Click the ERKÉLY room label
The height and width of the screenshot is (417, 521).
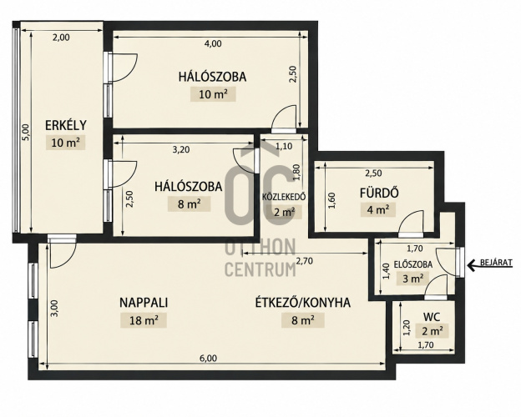click(66, 125)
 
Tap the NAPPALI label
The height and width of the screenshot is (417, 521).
click(144, 303)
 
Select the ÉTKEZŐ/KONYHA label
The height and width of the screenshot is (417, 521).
click(303, 303)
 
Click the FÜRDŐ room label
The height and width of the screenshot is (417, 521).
click(379, 193)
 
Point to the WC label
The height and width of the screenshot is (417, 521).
click(432, 317)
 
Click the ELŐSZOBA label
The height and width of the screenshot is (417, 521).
click(413, 264)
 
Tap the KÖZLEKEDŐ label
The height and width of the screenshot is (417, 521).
click(284, 197)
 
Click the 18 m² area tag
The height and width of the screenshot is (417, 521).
click(144, 321)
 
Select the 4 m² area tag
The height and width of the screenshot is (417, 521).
click(378, 210)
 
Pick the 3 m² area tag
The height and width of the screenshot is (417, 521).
click(413, 279)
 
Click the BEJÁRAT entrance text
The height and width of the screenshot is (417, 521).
click(496, 263)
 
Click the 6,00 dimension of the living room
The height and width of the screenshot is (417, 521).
click(208, 359)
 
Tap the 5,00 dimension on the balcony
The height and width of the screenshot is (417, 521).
click(26, 132)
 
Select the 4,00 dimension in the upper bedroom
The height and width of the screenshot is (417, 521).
click(213, 43)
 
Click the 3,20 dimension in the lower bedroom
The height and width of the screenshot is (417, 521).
click(181, 150)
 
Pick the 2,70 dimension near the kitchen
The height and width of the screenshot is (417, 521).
click(304, 261)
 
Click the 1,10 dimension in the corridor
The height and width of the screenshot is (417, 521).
click(284, 146)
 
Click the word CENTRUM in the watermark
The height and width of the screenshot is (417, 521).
click(260, 269)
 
